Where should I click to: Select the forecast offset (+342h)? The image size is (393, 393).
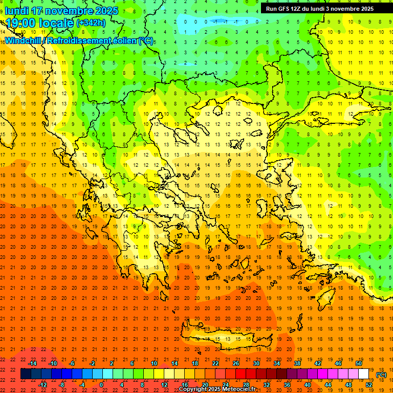click(92, 23)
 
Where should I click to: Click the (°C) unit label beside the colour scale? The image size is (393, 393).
click(382, 375)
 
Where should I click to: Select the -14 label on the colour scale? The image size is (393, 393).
click(32, 363)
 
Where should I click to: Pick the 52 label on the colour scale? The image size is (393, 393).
click(369, 385)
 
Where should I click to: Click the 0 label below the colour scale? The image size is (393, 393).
click(101, 385)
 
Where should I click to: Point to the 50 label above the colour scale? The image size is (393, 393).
click(359, 363)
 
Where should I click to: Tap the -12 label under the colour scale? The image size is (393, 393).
click(42, 385)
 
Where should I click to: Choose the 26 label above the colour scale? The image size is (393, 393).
click(236, 363)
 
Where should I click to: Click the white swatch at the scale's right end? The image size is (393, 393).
click(364, 374)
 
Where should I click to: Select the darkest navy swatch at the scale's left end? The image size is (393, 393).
click(26, 374)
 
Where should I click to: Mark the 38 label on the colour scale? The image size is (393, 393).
click(297, 363)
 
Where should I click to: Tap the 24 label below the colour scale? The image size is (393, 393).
click(226, 385)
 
